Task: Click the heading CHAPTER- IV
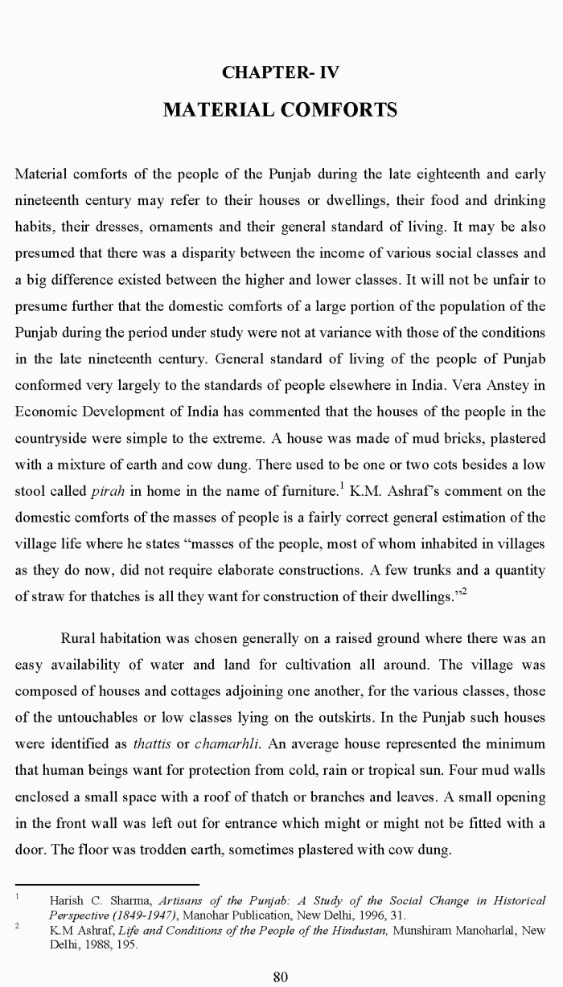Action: tap(281, 73)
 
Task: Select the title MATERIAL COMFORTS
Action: tap(281, 109)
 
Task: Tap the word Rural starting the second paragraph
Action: tap(81, 639)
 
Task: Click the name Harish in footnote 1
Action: tap(68, 901)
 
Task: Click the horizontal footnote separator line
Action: tap(107, 884)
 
